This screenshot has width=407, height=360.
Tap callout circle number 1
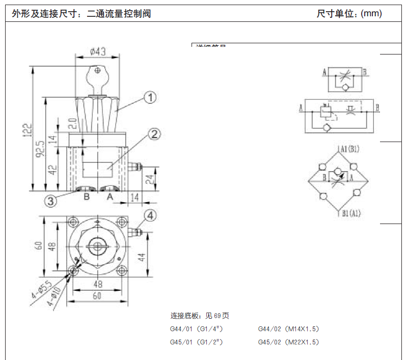tap(149, 97)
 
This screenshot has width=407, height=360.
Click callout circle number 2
tap(154, 134)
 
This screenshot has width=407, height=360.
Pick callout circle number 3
tap(50, 201)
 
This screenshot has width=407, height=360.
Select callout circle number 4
tap(149, 215)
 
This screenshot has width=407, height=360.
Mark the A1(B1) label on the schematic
tap(350, 149)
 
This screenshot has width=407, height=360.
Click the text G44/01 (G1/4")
tap(196, 329)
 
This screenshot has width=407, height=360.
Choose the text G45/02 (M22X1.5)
tap(288, 342)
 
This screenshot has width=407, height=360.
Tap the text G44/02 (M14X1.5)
tap(288, 329)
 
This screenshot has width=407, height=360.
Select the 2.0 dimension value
tap(72, 123)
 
